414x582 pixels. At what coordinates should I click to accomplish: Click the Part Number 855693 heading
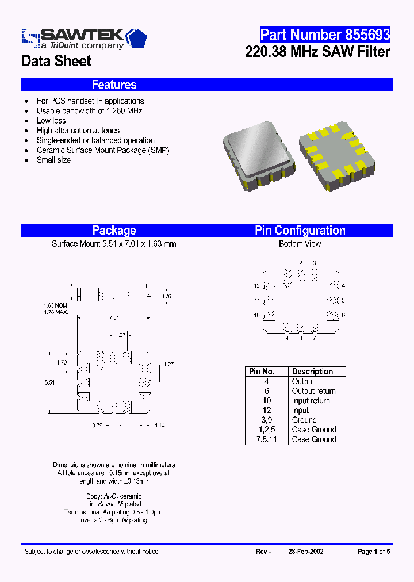(x=324, y=35)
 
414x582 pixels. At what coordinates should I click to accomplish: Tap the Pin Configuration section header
(x=300, y=231)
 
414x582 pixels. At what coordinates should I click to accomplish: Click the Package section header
(x=114, y=231)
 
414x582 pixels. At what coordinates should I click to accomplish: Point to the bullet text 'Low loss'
(x=51, y=121)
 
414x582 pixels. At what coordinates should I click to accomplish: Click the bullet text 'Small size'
(x=53, y=160)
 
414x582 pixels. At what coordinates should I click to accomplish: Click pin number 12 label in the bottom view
(x=257, y=286)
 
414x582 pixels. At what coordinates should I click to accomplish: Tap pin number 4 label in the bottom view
(x=343, y=286)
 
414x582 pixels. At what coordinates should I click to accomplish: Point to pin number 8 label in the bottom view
(x=300, y=338)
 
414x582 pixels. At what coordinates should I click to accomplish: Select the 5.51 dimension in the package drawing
(x=49, y=382)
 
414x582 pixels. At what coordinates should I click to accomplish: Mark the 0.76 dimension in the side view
(x=166, y=296)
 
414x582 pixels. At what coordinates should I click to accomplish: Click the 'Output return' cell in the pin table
(x=313, y=391)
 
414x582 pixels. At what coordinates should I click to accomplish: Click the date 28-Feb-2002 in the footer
(x=305, y=552)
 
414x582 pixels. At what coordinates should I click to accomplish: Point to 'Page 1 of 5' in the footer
(x=373, y=552)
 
